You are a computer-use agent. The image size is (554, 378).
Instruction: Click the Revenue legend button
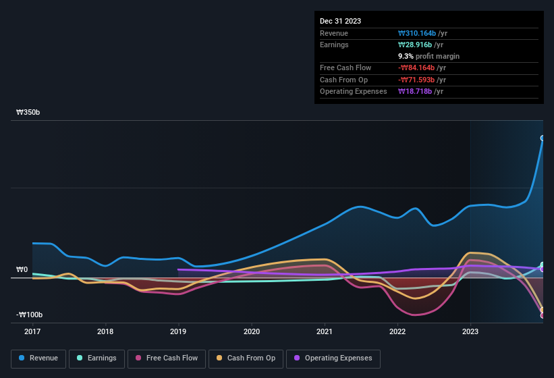pyautogui.click(x=38, y=358)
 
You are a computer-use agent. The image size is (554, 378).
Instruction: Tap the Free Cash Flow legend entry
pyautogui.click(x=167, y=358)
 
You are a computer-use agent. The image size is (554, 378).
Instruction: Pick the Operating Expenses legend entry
pyautogui.click(x=333, y=358)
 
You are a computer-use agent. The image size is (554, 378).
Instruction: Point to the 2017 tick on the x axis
pyautogui.click(x=32, y=331)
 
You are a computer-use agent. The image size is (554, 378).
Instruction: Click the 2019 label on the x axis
pyautogui.click(x=178, y=331)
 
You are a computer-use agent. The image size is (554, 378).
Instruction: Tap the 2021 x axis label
pyautogui.click(x=325, y=331)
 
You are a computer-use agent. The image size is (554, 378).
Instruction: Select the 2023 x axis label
pyautogui.click(x=470, y=331)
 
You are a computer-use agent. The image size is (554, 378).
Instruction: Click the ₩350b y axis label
pyautogui.click(x=28, y=113)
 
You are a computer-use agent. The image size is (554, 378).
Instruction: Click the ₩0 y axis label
pyautogui.click(x=22, y=270)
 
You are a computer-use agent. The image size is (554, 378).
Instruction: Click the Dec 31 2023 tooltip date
pyautogui.click(x=340, y=21)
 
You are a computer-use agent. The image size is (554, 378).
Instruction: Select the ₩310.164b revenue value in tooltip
pyautogui.click(x=422, y=33)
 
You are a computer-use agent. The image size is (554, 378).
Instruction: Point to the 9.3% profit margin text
pyautogui.click(x=429, y=56)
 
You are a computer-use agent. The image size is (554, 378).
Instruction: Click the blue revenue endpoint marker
pyautogui.click(x=543, y=138)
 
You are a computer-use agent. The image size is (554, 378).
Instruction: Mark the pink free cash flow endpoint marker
pyautogui.click(x=543, y=315)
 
